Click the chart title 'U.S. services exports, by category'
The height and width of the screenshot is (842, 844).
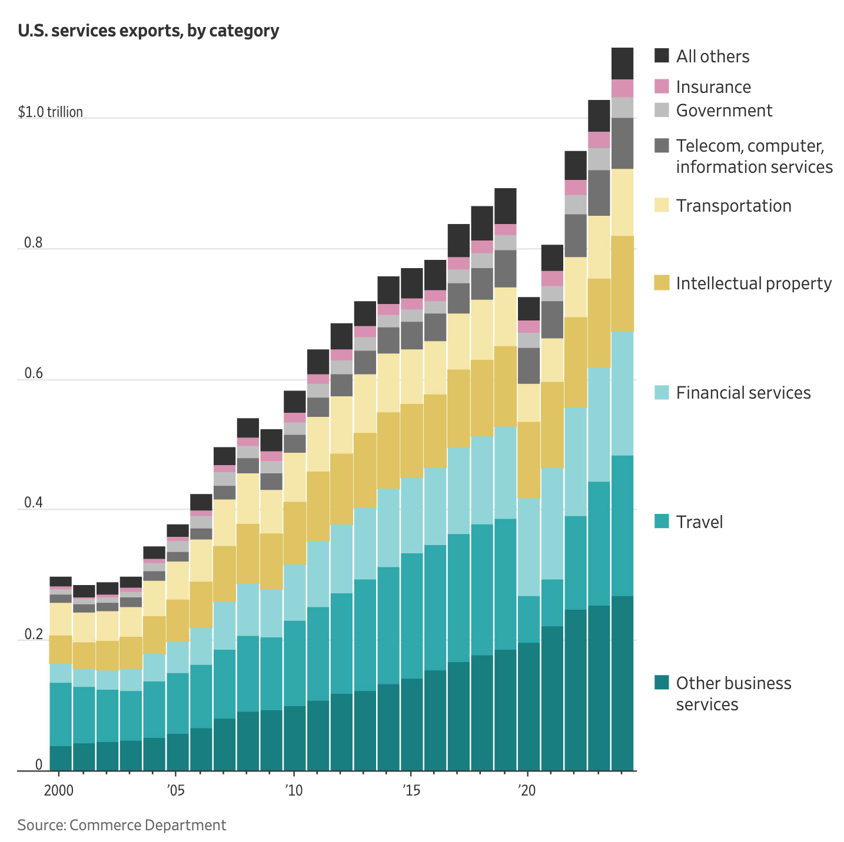click(148, 31)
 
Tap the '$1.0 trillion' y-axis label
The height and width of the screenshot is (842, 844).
click(50, 112)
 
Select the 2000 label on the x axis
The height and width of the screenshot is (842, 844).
click(59, 790)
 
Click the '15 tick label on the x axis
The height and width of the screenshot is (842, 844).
click(410, 790)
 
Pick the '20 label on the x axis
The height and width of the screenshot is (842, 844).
click(527, 790)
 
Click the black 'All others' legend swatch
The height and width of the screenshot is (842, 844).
click(662, 56)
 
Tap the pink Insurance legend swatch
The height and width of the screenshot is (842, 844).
click(662, 86)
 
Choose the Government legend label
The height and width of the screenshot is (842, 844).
click(724, 111)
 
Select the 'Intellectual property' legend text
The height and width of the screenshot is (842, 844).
click(753, 283)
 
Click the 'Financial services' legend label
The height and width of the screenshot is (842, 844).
click(743, 393)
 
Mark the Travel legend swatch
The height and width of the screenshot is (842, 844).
click(662, 522)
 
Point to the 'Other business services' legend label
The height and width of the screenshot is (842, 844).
click(733, 694)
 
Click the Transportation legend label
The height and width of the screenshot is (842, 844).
click(733, 206)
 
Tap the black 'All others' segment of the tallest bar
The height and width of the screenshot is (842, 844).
click(622, 64)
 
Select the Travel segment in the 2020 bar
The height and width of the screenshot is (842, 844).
click(529, 619)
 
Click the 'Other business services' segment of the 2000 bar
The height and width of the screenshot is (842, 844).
click(61, 758)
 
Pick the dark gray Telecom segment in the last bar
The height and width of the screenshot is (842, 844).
click(622, 143)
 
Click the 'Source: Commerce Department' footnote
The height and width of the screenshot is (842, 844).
click(122, 825)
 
